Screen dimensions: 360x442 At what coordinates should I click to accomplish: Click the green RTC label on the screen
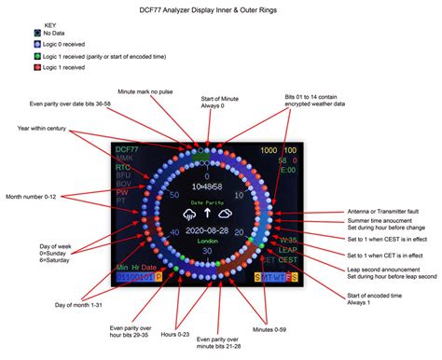121,169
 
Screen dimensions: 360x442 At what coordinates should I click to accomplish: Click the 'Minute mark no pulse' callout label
146,92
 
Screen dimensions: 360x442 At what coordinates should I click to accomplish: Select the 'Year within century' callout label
44,128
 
